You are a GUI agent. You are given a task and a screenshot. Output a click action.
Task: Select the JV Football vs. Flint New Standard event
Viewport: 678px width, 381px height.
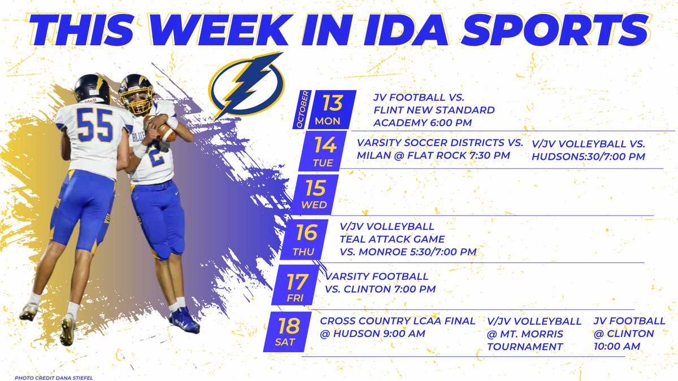point(434,110)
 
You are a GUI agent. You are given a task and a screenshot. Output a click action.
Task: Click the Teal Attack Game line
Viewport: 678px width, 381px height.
point(393,239)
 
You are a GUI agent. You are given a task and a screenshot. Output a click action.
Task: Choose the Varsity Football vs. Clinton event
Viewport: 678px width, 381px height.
point(380,283)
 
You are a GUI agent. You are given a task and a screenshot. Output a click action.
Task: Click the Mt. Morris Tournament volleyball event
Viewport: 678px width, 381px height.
point(533,334)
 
